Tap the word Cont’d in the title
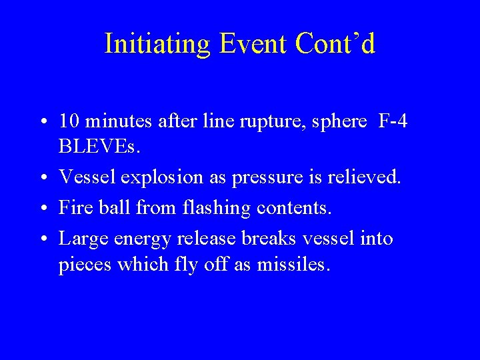(x=335, y=44)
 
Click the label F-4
(x=393, y=121)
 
